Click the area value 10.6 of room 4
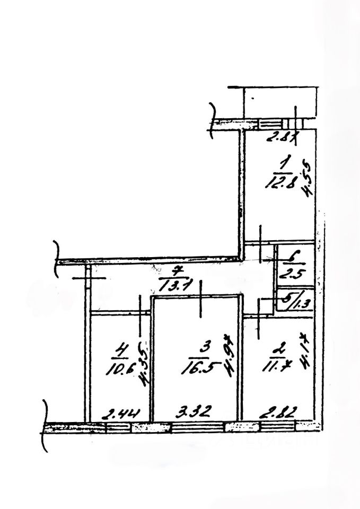click(124, 370)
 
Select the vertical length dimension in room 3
click(230, 361)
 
